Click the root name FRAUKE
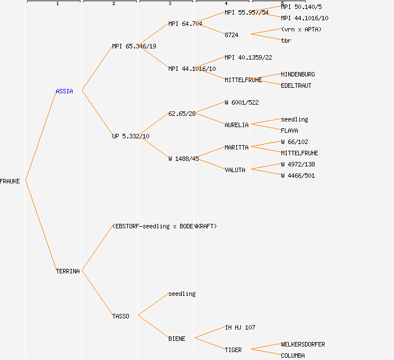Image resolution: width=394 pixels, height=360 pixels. point(10,181)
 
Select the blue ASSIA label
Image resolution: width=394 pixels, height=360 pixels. point(64,91)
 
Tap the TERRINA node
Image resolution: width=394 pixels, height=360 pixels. point(68,271)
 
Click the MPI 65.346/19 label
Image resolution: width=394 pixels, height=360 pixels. point(134,46)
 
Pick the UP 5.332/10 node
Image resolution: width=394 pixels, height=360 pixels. point(131,136)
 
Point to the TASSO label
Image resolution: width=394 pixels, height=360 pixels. point(120,316)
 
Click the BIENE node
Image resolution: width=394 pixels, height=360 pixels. point(177,339)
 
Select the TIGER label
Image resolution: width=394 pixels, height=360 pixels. point(233,350)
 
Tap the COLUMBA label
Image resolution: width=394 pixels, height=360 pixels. point(293,355)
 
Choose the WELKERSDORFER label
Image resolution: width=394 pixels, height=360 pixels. point(303,344)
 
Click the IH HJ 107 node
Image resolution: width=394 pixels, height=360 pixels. point(240,327)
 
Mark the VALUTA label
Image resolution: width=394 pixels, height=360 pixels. point(235,170)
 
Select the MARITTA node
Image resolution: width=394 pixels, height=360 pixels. point(236,147)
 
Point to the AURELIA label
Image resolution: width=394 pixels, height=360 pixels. point(236,125)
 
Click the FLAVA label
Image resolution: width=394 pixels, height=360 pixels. point(289,130)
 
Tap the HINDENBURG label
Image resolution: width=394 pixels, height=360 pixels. point(298,74)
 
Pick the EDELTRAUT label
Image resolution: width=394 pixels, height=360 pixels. point(296,85)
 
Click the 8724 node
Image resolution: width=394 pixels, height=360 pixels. point(231,35)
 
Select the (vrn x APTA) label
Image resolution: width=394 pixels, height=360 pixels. point(301,29)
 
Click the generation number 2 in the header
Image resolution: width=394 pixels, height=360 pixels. point(113,4)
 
